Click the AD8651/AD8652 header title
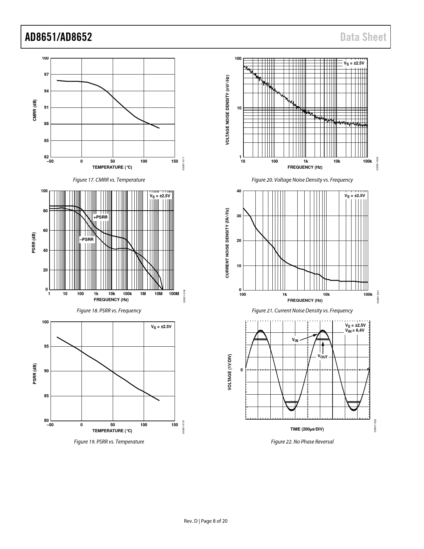click(x=59, y=37)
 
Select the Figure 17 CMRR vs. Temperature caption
click(x=109, y=180)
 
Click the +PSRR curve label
click(x=100, y=217)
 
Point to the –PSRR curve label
click(x=87, y=239)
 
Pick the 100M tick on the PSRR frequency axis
click(x=174, y=294)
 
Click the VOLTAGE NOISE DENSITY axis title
click(x=227, y=110)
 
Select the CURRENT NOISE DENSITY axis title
click(x=227, y=243)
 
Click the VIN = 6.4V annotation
click(x=354, y=330)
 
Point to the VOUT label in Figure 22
click(x=322, y=357)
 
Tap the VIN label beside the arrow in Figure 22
click(x=295, y=340)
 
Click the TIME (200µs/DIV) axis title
click(x=307, y=429)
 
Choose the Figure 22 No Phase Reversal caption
click(x=302, y=442)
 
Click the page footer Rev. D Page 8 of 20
click(x=206, y=521)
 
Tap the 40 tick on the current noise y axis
click(x=238, y=191)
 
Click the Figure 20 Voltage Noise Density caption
click(x=302, y=180)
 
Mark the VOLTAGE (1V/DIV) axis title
click(x=230, y=372)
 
